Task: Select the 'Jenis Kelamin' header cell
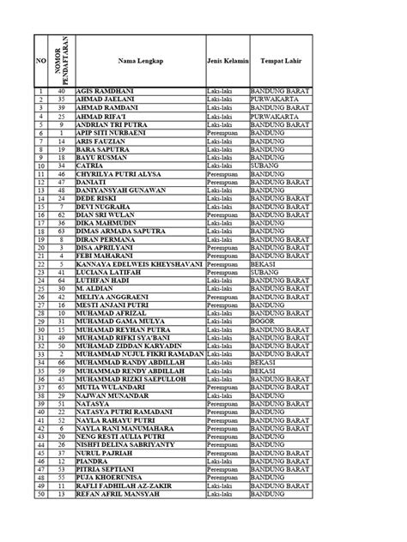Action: pyautogui.click(x=227, y=62)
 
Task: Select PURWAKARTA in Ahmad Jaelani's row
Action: pyautogui.click(x=276, y=99)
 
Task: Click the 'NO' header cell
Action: pyautogui.click(x=40, y=62)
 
